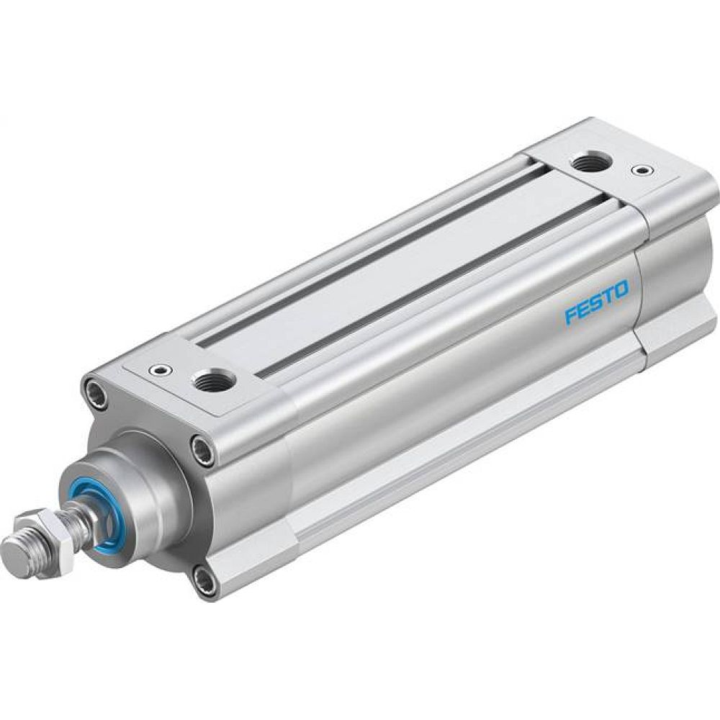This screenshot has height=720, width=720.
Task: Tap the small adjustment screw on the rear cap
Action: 640,171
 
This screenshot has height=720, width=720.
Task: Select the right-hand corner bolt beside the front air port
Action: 202,451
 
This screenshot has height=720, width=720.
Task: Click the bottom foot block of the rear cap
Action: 677,331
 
